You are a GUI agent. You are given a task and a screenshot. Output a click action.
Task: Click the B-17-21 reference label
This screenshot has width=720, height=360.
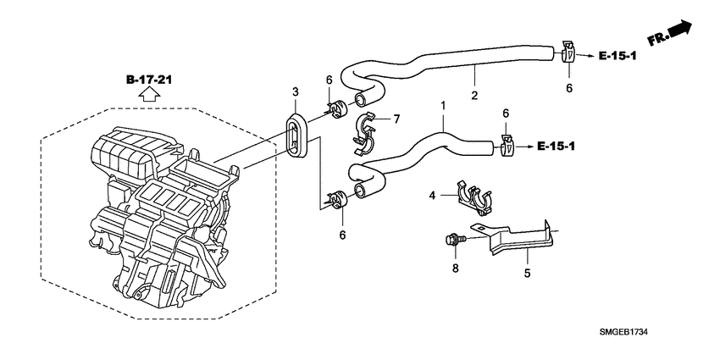click(149, 80)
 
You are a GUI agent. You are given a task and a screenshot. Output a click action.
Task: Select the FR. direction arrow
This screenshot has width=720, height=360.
click(670, 35)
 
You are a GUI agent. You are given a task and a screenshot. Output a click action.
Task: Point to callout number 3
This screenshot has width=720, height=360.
click(296, 91)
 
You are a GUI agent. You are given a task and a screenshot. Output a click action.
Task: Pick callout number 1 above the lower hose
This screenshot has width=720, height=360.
click(441, 105)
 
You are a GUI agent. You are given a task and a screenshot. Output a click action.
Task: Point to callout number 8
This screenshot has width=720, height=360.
click(454, 269)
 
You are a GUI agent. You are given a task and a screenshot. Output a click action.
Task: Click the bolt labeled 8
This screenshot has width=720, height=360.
click(453, 241)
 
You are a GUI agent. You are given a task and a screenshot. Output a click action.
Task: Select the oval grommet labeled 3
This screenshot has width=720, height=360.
click(295, 135)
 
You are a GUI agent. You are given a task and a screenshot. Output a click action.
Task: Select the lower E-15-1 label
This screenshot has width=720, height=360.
click(557, 147)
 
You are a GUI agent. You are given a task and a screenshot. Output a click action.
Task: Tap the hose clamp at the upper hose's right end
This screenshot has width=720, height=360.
click(568, 53)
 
